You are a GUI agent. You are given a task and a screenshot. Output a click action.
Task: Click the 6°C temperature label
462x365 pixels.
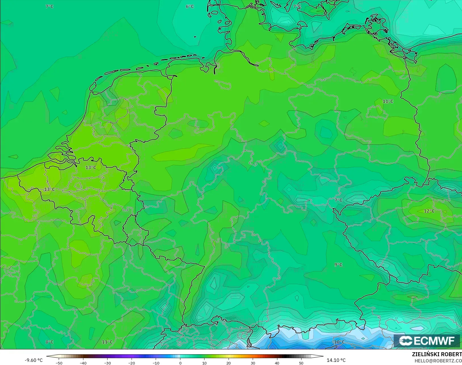pyautogui.click(x=190, y=7)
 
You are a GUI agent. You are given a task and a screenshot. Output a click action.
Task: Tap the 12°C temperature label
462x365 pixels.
pyautogui.click(x=429, y=211)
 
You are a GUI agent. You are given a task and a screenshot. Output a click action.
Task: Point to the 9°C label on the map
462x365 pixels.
pyautogui.click(x=338, y=265)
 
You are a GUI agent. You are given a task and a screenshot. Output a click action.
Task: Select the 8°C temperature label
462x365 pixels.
pyautogui.click(x=49, y=342)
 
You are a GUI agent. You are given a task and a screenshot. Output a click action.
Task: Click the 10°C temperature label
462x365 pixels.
pyautogui.click(x=339, y=342)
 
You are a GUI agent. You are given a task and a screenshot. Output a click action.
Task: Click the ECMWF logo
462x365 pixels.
pyautogui.click(x=427, y=341)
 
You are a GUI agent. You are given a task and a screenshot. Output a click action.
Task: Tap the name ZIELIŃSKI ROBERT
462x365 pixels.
pyautogui.click(x=437, y=355)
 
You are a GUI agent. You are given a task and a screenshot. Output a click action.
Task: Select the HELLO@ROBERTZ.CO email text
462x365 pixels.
pyautogui.click(x=438, y=361)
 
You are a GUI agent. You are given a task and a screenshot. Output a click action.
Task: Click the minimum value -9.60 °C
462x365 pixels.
pyautogui.click(x=33, y=360)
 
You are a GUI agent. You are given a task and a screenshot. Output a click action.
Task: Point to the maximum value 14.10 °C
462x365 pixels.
pyautogui.click(x=336, y=360)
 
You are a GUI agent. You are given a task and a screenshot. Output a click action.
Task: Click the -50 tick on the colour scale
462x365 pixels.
pyautogui.click(x=59, y=363)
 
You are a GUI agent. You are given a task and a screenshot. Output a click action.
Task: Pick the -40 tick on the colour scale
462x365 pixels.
pyautogui.click(x=83, y=363)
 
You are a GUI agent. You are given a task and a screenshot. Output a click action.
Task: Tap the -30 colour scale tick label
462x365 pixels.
pyautogui.click(x=107, y=363)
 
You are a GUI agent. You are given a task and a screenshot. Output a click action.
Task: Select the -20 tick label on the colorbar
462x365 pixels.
pyautogui.click(x=132, y=363)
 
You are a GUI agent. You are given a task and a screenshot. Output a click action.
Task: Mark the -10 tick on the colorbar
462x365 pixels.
pyautogui.click(x=156, y=363)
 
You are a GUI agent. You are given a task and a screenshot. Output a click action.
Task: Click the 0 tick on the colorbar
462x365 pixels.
pyautogui.click(x=180, y=363)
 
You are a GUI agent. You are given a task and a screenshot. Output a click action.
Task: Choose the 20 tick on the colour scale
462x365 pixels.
pyautogui.click(x=229, y=363)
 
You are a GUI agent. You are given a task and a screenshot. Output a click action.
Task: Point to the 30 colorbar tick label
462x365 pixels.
pyautogui.click(x=253, y=363)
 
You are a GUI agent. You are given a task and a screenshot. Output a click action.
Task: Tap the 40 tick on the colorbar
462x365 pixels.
pyautogui.click(x=277, y=363)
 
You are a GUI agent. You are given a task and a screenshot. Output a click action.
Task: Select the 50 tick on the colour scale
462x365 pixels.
pyautogui.click(x=301, y=363)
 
